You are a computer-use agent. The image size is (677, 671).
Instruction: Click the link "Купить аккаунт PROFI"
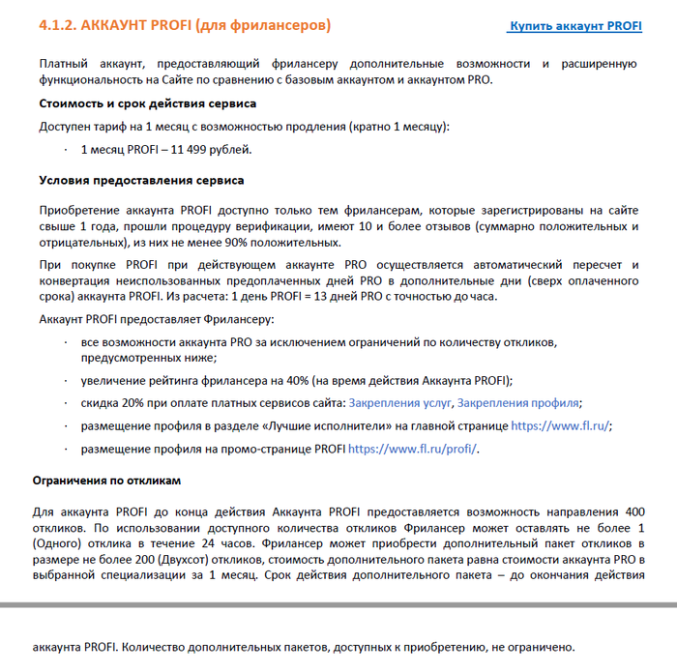(575, 26)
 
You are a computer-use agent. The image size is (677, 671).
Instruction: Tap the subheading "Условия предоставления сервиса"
(141, 180)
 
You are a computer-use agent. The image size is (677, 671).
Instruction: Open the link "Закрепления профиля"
(518, 402)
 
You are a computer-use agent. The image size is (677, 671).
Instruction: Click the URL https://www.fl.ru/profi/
(413, 449)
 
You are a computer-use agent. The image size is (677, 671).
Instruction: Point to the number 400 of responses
(634, 510)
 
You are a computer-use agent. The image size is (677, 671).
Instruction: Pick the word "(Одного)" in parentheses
(65, 542)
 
